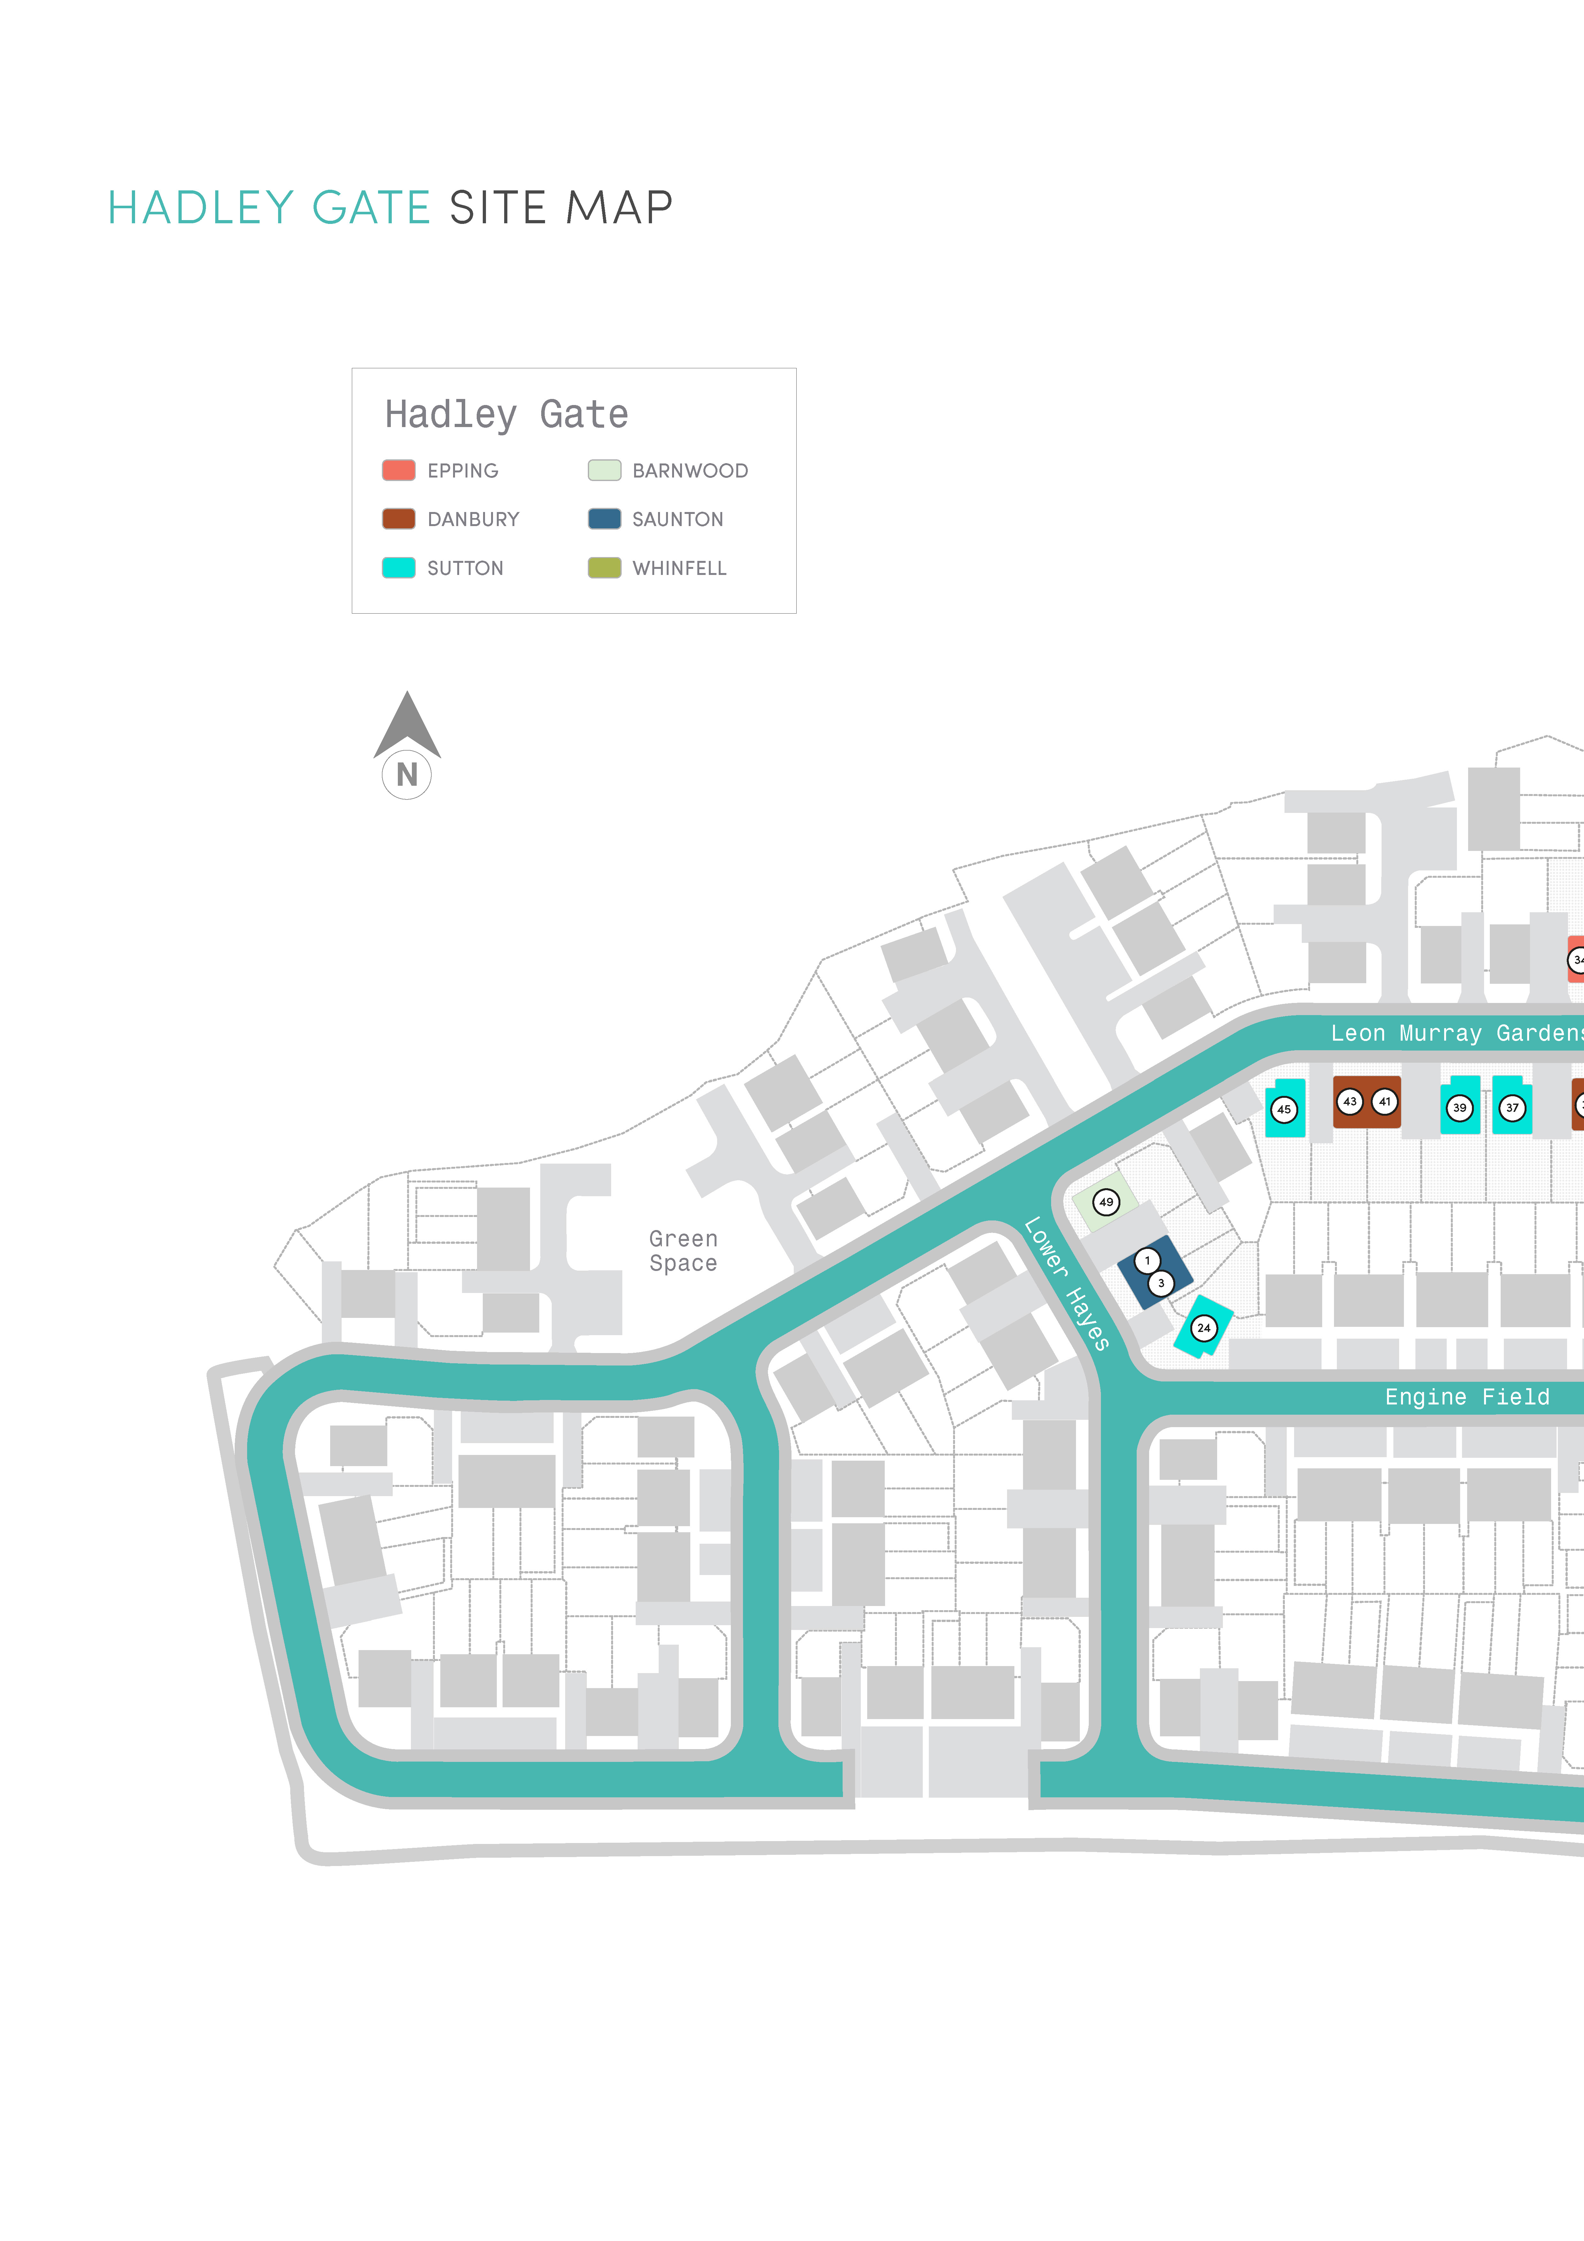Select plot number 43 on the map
coord(1350,1102)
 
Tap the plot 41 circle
coord(1385,1102)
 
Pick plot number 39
coord(1460,1108)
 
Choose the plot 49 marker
coord(1106,1203)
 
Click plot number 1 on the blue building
coord(1148,1261)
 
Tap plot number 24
coord(1204,1328)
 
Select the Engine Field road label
coord(1467,1397)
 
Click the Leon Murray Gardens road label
coord(1457,1033)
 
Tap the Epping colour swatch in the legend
coord(398,470)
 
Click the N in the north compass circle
coord(407,775)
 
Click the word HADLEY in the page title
coord(201,208)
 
